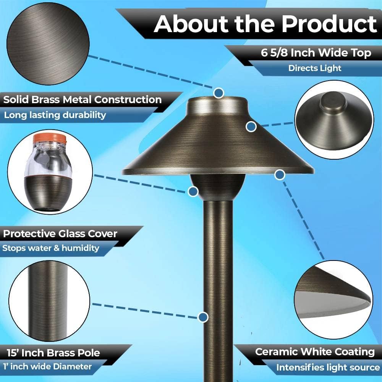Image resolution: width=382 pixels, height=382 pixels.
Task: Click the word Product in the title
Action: (329, 24)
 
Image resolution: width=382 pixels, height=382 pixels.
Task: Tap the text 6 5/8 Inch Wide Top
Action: (316, 53)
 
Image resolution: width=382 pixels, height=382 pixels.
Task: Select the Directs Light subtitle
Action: (315, 68)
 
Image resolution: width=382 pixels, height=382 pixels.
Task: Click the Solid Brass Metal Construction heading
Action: (83, 100)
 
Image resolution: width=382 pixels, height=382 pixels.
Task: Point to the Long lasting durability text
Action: (55, 115)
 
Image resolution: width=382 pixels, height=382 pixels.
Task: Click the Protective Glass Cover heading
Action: (60, 234)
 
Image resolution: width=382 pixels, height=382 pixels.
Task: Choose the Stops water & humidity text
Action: (51, 248)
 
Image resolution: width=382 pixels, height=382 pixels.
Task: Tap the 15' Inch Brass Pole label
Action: (53, 353)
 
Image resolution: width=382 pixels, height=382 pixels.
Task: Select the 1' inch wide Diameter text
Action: (47, 366)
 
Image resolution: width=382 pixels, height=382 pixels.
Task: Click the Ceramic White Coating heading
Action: (315, 352)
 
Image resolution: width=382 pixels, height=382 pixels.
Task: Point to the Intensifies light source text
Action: (328, 367)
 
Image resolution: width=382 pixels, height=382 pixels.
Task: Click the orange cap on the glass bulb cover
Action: (50, 139)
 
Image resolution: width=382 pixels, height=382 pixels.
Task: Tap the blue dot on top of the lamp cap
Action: (219, 93)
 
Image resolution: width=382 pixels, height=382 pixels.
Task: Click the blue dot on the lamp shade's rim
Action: (280, 175)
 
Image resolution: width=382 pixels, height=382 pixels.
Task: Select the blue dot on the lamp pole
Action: (203, 317)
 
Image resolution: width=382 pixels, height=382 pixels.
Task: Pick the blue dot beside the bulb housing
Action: (193, 191)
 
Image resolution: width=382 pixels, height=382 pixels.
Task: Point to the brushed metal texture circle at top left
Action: (48, 44)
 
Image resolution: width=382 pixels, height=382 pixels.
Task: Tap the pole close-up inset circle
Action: (49, 301)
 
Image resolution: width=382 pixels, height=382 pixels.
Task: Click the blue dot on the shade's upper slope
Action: (251, 127)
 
